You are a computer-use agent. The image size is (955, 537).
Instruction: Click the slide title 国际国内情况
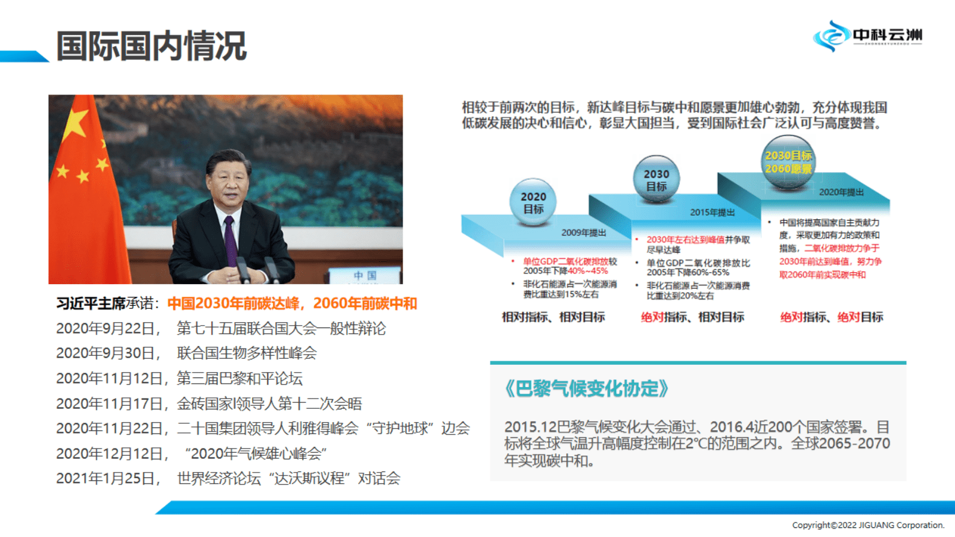click(x=151, y=46)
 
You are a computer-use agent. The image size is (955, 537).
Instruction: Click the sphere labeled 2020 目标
click(x=533, y=202)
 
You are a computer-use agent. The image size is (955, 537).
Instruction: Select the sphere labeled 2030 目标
click(x=656, y=179)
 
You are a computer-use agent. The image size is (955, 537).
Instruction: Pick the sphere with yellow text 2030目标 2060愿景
click(x=788, y=162)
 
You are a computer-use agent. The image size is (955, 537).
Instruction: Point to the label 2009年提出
click(x=583, y=232)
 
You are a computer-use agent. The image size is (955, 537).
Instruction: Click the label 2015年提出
click(x=712, y=212)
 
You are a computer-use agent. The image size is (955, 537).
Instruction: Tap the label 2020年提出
click(x=841, y=192)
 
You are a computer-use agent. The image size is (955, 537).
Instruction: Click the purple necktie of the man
click(x=229, y=241)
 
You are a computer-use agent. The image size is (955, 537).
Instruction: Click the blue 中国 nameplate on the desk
click(x=365, y=275)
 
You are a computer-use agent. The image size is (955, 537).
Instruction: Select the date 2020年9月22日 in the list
click(x=106, y=329)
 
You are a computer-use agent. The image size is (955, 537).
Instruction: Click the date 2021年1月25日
click(x=106, y=479)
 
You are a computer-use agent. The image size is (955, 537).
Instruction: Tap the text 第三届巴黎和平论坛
click(x=240, y=379)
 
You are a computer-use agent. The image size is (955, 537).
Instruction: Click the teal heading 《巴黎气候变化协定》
click(x=587, y=389)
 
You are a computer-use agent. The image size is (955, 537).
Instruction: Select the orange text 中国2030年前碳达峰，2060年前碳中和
click(x=292, y=303)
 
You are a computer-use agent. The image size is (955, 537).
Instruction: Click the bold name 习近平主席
click(x=90, y=303)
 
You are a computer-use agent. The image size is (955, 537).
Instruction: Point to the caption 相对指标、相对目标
click(x=553, y=317)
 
